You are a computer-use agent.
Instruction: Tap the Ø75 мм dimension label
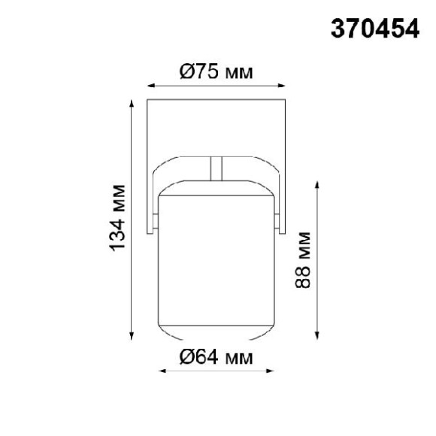tap(216, 72)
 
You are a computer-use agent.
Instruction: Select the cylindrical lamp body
tap(216, 256)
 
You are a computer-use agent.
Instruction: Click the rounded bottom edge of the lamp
tap(216, 334)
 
